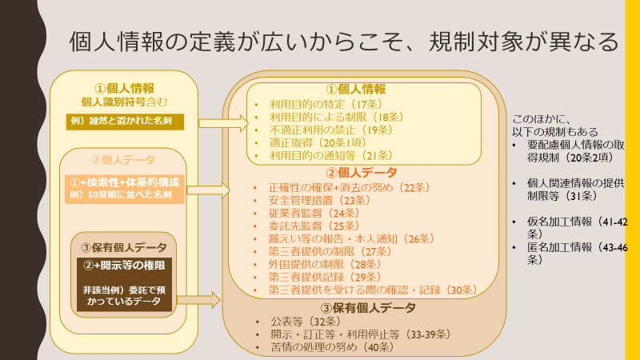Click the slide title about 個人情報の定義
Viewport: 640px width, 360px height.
click(344, 42)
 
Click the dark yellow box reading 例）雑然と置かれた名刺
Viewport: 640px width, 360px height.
click(125, 122)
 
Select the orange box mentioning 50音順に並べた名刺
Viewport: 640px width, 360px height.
click(125, 189)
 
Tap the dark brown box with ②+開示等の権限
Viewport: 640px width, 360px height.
click(125, 284)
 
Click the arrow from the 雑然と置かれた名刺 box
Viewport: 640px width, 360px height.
click(224, 123)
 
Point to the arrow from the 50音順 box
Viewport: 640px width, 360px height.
click(209, 190)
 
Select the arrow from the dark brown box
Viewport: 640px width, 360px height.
click(198, 301)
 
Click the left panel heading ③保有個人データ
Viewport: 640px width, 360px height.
click(124, 247)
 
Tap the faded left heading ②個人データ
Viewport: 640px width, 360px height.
click(123, 159)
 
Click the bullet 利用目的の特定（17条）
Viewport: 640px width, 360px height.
click(326, 105)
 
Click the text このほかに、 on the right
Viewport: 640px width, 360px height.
click(542, 119)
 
